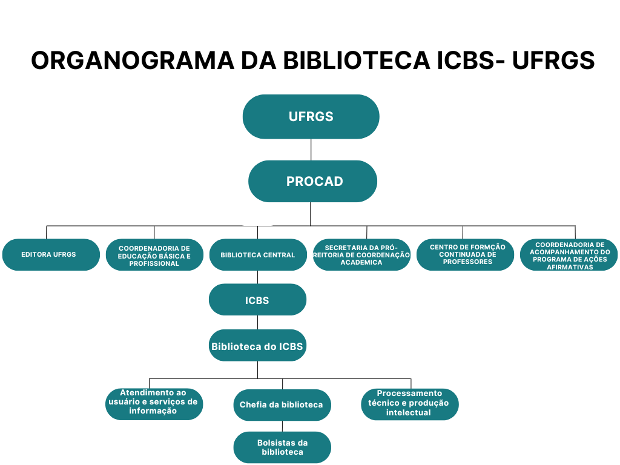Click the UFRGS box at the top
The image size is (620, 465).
click(x=311, y=117)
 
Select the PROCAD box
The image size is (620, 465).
click(x=312, y=181)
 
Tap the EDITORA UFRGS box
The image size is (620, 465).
click(x=51, y=254)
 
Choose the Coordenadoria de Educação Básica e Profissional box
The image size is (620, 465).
click(x=154, y=255)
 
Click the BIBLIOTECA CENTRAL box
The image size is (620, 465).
click(x=258, y=255)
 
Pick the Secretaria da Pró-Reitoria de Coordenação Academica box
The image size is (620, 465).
click(x=362, y=255)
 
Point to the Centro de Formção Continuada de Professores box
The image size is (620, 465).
click(x=465, y=255)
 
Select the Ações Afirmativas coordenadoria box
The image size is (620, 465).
click(x=569, y=255)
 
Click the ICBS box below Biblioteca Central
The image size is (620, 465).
click(x=257, y=300)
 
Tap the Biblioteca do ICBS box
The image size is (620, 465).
click(x=257, y=346)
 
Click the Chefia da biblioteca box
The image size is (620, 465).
click(x=282, y=404)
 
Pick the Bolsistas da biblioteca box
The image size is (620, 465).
click(x=282, y=447)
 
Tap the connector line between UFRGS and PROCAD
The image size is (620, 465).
click(x=311, y=150)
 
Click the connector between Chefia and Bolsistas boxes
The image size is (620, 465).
click(x=282, y=426)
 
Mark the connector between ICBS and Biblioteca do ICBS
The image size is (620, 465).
click(x=257, y=323)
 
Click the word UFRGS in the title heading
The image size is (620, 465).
click(x=553, y=61)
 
